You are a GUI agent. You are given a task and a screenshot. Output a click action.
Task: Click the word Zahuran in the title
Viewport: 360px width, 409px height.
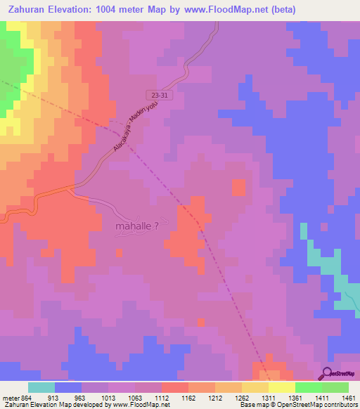30,10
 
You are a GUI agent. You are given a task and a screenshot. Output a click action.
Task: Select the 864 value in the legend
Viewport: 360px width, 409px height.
27,397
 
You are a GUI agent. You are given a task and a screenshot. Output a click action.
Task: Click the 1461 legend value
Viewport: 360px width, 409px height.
349,397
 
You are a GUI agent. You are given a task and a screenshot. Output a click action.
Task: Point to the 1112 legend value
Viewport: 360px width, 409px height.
162,397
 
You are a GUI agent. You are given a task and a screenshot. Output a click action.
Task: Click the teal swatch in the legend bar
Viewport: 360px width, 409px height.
41,387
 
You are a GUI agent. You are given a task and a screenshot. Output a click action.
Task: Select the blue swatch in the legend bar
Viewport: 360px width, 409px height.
68,387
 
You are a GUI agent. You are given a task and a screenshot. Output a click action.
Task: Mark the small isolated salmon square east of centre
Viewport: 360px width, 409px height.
239,188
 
